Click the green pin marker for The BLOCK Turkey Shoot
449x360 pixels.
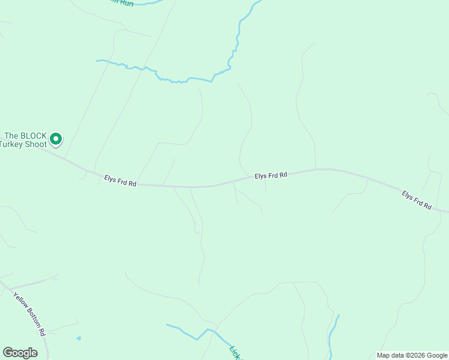[56, 139]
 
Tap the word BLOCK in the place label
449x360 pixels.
[34, 136]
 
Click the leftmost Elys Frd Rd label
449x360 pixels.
[120, 181]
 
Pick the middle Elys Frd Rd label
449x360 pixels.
[271, 175]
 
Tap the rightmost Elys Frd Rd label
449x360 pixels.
[417, 200]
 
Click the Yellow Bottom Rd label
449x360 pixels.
[29, 314]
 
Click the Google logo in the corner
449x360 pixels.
[20, 353]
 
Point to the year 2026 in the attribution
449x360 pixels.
[417, 355]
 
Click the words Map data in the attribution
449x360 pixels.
[390, 355]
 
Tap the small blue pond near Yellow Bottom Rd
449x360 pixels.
[78, 338]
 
